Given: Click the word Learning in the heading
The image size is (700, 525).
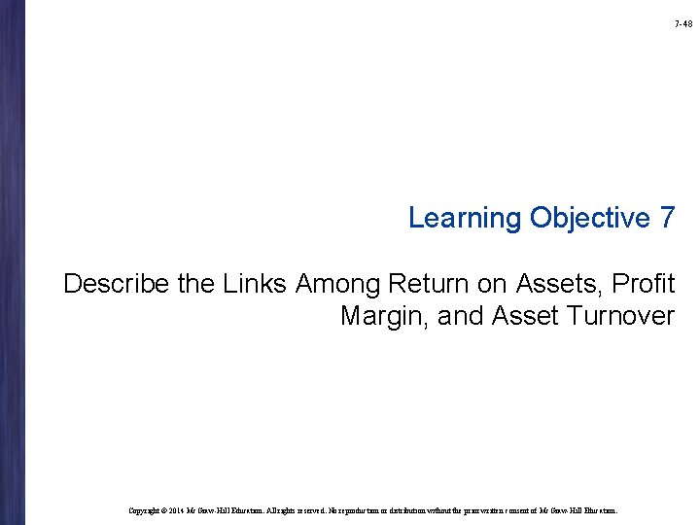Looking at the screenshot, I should pyautogui.click(x=465, y=218).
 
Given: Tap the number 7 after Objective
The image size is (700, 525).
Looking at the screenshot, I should pyautogui.click(x=666, y=218).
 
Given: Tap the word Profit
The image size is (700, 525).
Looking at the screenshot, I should pyautogui.click(x=643, y=284).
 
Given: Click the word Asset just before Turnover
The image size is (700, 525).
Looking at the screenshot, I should pyautogui.click(x=525, y=316).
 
